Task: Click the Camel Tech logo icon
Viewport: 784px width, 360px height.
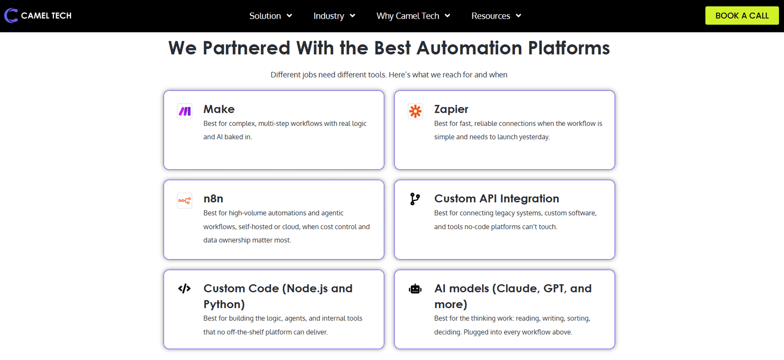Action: (11, 16)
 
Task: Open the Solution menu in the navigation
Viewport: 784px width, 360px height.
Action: (270, 16)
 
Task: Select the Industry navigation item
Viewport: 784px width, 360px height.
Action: (334, 16)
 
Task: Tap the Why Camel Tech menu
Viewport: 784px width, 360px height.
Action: (413, 16)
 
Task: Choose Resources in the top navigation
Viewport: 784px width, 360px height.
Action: (496, 16)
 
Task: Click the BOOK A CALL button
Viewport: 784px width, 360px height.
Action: (742, 15)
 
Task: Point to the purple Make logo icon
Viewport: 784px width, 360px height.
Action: (184, 111)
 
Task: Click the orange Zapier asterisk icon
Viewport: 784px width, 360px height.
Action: (416, 111)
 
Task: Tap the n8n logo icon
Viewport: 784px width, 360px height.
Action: (184, 200)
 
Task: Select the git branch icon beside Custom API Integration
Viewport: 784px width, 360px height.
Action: (415, 199)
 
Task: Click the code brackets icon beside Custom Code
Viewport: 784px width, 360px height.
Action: (184, 288)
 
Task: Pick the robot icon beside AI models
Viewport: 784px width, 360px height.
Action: (415, 289)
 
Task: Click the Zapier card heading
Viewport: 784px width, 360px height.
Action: (451, 109)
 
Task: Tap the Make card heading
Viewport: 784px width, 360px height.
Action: (219, 109)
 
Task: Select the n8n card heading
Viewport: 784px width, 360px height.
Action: (213, 199)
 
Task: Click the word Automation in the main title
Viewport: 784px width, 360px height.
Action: (469, 48)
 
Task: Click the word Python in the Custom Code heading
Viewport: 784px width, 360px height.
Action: (224, 304)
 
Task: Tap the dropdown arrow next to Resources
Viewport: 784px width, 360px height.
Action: (519, 16)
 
